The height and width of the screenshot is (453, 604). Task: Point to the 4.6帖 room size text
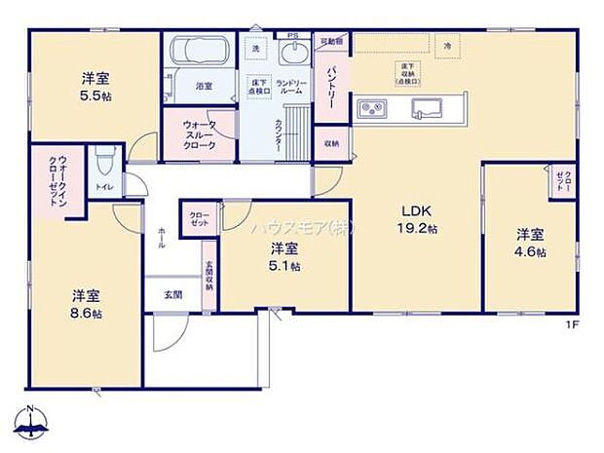(531, 251)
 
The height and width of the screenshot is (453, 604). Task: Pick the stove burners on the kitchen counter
(373, 107)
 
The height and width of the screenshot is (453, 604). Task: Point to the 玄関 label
(171, 292)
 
